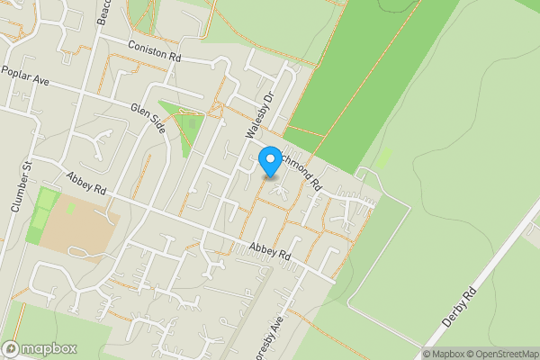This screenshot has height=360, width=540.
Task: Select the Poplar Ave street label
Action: (25, 75)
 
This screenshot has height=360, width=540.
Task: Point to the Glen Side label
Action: (148, 119)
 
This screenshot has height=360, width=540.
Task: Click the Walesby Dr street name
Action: (259, 112)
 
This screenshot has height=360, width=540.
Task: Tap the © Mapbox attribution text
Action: (445, 354)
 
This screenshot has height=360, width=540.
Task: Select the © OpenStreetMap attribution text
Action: (503, 354)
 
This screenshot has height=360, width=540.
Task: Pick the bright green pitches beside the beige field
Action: (41, 216)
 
